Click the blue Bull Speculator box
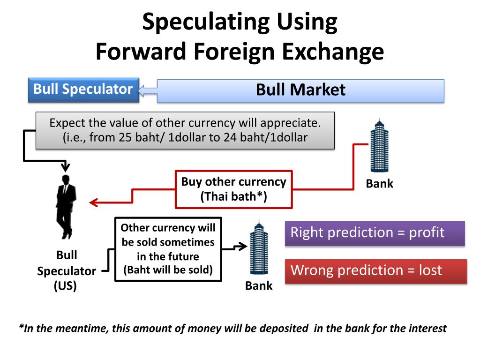point(83,90)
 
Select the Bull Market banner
point(300,90)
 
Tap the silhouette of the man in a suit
point(65,206)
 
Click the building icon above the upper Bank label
point(379,146)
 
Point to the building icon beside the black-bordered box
point(258,248)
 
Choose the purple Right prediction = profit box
point(375,233)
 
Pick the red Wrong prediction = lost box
point(375,271)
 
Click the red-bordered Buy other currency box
point(233,189)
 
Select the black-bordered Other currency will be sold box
point(168,249)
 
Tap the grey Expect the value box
point(185,130)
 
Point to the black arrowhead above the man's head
point(65,166)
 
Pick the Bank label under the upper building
point(379,184)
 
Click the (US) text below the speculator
point(65,285)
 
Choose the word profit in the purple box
point(427,232)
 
